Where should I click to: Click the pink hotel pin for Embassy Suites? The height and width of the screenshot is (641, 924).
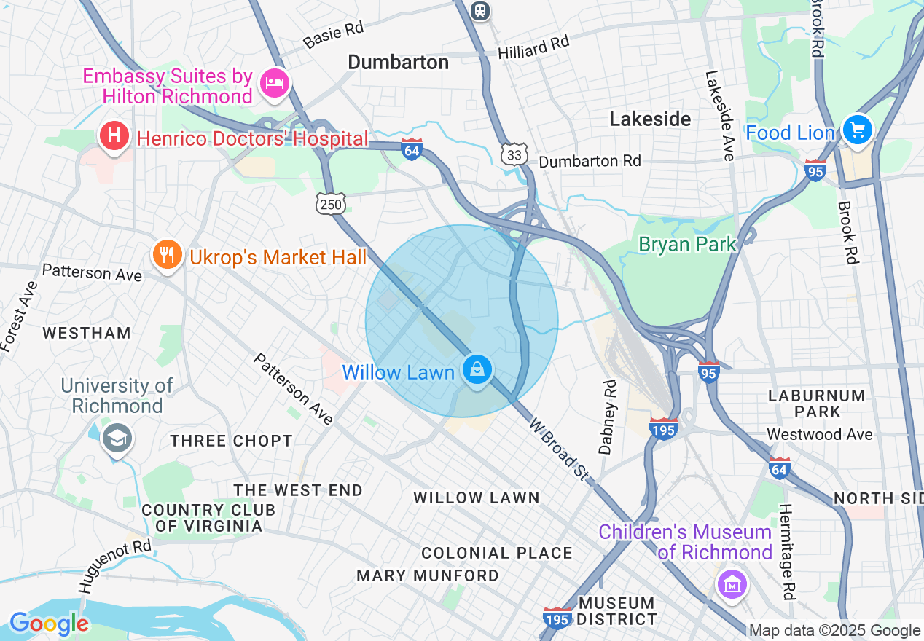[275, 84]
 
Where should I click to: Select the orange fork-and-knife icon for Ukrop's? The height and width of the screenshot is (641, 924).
[167, 255]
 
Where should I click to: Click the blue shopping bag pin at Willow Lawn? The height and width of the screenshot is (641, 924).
[477, 370]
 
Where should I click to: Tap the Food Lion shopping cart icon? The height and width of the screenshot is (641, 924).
[857, 131]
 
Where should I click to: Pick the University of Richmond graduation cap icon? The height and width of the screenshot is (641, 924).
[117, 439]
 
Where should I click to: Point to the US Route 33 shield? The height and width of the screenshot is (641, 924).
[514, 154]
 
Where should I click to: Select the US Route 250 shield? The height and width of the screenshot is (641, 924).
[330, 205]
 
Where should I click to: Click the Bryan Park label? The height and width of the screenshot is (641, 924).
[687, 244]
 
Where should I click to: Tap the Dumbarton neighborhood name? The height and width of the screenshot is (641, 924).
[398, 63]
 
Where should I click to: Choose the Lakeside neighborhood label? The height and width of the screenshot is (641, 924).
[650, 119]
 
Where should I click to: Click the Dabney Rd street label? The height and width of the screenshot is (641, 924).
[608, 416]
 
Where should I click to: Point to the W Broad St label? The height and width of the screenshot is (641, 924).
[559, 449]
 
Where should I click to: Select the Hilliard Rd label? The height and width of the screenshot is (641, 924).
[533, 48]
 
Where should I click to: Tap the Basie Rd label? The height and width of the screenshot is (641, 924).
[334, 34]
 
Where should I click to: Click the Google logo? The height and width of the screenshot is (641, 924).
[49, 624]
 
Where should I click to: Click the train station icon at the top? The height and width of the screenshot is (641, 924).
[480, 10]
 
